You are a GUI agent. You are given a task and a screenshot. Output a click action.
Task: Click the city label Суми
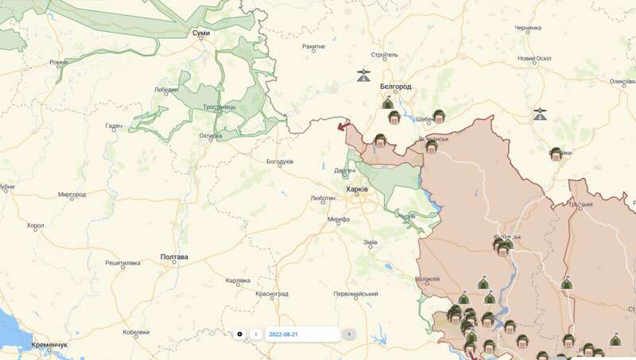click(x=201, y=33)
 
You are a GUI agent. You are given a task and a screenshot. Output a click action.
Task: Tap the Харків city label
click(x=357, y=189)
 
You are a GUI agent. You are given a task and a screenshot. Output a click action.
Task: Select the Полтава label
click(x=174, y=257)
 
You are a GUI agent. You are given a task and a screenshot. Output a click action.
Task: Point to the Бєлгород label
click(x=395, y=86)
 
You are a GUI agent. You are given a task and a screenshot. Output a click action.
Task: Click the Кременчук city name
click(x=49, y=345)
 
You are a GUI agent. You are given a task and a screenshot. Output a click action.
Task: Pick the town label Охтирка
click(x=211, y=135)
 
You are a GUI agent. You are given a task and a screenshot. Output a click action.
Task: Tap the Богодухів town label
click(x=280, y=162)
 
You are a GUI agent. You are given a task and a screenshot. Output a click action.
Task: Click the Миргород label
click(x=72, y=194)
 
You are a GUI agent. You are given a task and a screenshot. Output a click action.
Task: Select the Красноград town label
click(x=272, y=293)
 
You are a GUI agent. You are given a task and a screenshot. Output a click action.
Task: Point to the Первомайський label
click(x=356, y=293)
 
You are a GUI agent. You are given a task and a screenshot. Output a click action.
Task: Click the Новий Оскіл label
click(x=534, y=58)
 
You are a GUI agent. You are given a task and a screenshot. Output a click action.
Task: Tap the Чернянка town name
click(x=528, y=28)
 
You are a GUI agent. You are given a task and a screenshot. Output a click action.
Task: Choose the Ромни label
click(x=59, y=62)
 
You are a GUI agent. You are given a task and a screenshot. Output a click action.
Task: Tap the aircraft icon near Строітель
click(x=363, y=76)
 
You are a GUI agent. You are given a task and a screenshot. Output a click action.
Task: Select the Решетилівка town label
click(x=122, y=262)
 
